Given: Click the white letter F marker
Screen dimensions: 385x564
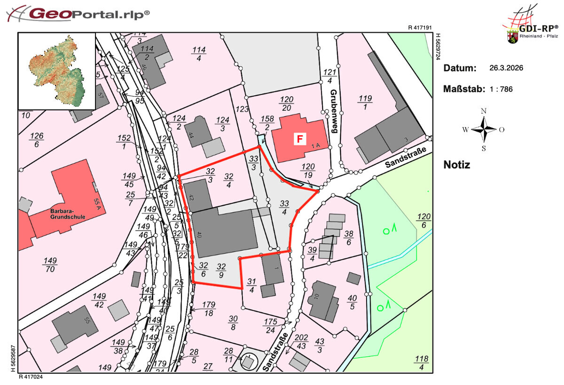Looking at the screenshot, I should (x=298, y=139).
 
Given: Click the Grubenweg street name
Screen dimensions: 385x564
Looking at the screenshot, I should (x=334, y=111).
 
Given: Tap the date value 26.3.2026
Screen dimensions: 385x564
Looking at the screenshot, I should (x=506, y=68).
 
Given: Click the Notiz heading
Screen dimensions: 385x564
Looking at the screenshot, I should (x=456, y=165).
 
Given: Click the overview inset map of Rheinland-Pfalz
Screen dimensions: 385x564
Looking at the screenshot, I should (x=57, y=71).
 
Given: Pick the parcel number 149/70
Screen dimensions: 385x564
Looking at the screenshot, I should (x=50, y=265).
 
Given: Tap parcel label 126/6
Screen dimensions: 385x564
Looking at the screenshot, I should (x=37, y=140).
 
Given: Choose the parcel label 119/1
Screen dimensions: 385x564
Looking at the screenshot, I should (x=365, y=102).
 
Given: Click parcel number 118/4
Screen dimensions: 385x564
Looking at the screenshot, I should (x=422, y=363).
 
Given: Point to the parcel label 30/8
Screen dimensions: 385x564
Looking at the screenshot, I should (x=233, y=323).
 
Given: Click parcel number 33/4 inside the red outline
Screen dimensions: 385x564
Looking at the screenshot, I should (x=284, y=207).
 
